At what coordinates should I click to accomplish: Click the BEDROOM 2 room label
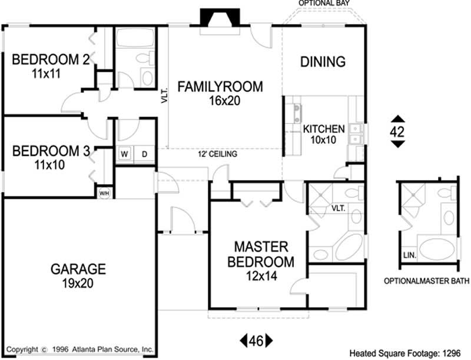click(46, 60)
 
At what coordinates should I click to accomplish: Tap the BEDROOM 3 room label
click(51, 151)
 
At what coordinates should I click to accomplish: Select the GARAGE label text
click(78, 269)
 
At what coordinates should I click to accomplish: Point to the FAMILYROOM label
click(220, 87)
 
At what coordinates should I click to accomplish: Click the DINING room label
click(323, 61)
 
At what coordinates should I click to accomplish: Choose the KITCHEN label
click(323, 129)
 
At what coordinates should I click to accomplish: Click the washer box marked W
click(125, 154)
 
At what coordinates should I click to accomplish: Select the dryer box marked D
click(144, 154)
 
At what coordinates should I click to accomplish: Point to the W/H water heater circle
click(104, 192)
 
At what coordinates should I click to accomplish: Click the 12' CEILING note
click(217, 155)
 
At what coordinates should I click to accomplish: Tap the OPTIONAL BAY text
click(324, 4)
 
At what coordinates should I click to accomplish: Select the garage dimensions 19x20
click(78, 283)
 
